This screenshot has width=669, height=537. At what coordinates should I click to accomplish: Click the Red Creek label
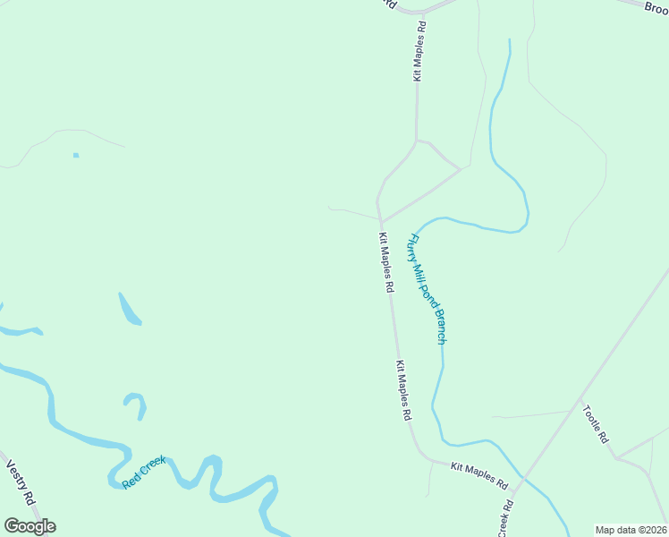click(144, 472)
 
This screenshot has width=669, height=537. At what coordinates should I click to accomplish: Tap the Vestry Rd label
click(20, 482)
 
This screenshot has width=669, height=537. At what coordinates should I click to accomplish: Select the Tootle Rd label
click(595, 424)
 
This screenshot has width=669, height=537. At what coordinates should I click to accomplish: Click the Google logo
click(30, 526)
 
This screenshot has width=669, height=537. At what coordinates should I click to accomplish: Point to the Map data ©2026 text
click(631, 530)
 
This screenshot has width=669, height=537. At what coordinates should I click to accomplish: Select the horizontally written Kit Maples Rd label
click(479, 474)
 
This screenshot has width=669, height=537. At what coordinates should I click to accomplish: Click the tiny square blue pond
click(76, 155)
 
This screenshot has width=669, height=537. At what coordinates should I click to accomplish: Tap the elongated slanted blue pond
click(130, 309)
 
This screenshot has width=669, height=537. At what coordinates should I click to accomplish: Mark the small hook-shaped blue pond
click(136, 405)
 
